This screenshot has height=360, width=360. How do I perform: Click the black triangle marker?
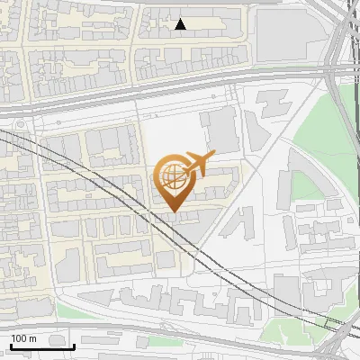coord(181,24)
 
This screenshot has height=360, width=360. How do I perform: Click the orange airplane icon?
coord(195,165)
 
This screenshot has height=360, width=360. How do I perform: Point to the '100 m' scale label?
coord(22,338)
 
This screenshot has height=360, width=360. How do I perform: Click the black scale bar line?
coord(42,346)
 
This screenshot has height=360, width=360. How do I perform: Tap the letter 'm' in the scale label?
coord(32,338)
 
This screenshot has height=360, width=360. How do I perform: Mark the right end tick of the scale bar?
coord(74,345)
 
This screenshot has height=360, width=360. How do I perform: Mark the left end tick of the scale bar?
coord(11,345)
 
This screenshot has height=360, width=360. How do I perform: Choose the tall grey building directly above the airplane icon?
coord(219,130)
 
